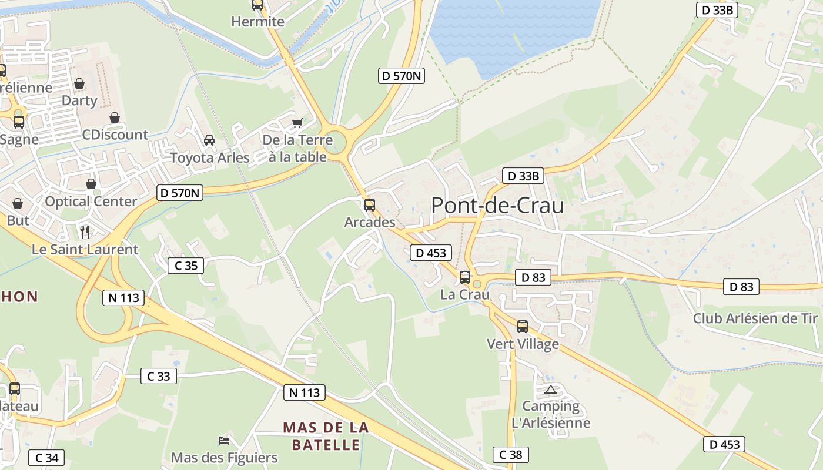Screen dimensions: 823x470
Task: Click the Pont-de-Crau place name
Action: click(497, 206)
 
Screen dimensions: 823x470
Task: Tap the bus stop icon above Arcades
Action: click(369, 205)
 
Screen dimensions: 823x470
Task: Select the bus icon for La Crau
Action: click(464, 277)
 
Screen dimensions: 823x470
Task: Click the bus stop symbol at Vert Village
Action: click(522, 327)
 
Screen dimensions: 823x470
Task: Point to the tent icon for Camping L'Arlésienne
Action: click(550, 390)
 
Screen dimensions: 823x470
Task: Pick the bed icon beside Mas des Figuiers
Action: click(223, 440)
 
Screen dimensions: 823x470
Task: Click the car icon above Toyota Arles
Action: click(209, 140)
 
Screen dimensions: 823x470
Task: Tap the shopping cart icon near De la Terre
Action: click(297, 123)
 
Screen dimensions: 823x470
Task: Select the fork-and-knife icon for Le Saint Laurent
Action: click(85, 231)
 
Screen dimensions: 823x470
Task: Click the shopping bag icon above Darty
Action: click(79, 83)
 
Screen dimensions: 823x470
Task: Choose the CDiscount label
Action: click(115, 135)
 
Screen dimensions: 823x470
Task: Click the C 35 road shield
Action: click(186, 266)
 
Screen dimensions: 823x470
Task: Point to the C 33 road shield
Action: click(159, 376)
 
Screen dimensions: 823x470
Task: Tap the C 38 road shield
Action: click(511, 454)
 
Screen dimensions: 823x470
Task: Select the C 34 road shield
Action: click(46, 458)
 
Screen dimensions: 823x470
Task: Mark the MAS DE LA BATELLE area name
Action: click(326, 436)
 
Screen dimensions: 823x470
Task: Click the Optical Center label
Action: click(91, 202)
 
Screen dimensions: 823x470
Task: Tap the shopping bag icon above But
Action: click(18, 203)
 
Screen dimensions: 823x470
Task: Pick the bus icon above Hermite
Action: click(257, 5)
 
